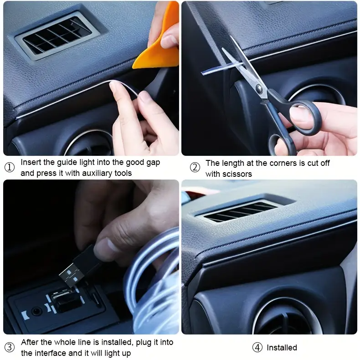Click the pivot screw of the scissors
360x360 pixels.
pos(259,87)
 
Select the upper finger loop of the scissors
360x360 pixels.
pos(303,117)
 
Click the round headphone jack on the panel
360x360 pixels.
pos(36,312)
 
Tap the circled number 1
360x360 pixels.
pos(10,167)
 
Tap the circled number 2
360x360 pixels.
pos(195,167)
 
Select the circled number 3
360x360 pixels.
pos(10,347)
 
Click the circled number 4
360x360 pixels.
pos(257,347)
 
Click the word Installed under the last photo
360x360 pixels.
pos(282,348)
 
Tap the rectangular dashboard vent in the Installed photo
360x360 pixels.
pos(241,211)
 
